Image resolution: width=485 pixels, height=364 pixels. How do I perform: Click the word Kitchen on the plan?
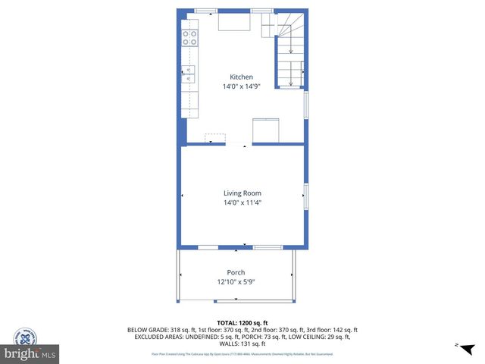(x=242, y=77)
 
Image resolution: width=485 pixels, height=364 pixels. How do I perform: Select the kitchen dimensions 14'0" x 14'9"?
(x=242, y=86)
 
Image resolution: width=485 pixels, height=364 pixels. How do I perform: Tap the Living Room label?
(x=242, y=193)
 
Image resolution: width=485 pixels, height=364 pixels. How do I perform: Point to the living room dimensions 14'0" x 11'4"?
(x=242, y=202)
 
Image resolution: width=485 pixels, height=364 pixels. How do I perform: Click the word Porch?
(x=236, y=272)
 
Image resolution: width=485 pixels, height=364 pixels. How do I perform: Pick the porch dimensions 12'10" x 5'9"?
(x=236, y=282)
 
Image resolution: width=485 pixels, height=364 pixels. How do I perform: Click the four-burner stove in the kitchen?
(x=189, y=38)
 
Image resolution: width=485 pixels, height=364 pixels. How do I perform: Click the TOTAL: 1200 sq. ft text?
(x=242, y=322)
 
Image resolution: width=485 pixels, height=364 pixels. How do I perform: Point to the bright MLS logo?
(x=30, y=353)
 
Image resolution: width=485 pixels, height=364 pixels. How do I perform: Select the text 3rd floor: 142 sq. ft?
(x=333, y=330)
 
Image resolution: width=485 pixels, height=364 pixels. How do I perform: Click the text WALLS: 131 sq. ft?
(x=242, y=344)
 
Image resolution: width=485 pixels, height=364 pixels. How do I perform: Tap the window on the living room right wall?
(x=305, y=196)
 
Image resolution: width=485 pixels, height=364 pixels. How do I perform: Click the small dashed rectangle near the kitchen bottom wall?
(x=215, y=138)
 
